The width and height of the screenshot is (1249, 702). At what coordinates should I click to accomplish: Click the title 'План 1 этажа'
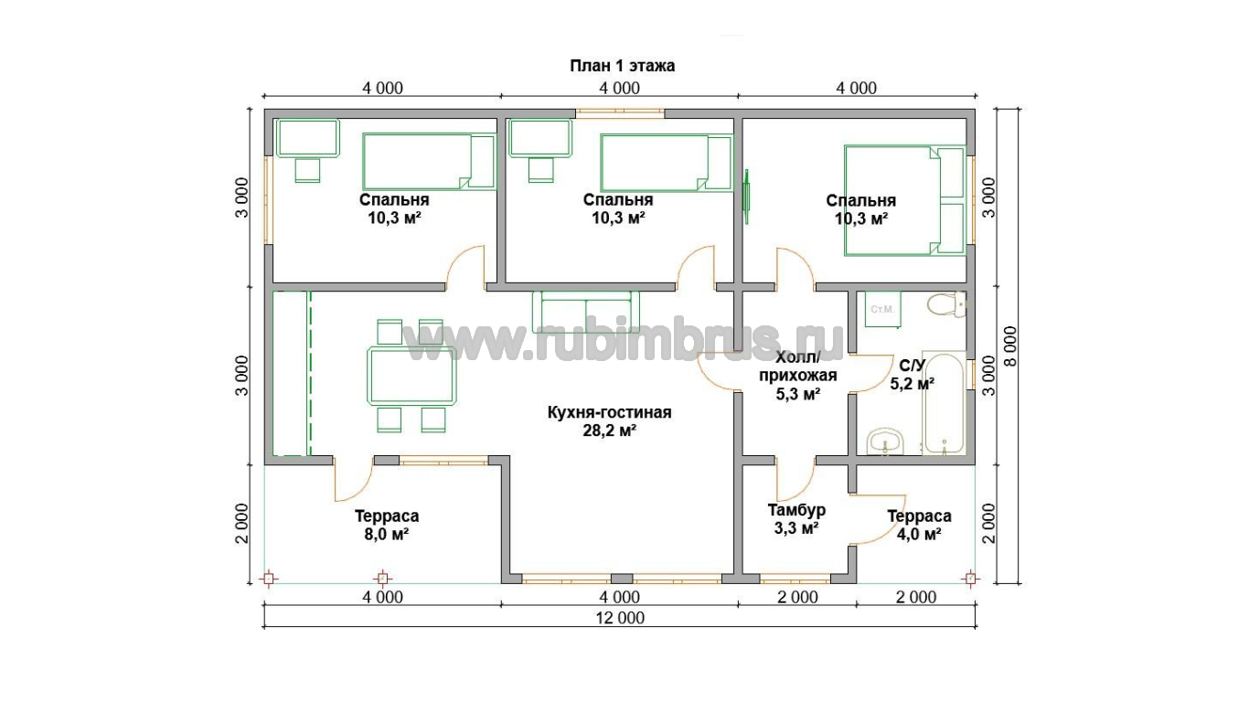[622, 66]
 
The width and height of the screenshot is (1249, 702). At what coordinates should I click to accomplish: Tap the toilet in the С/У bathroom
[946, 304]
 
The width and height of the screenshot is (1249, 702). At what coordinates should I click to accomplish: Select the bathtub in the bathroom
[944, 402]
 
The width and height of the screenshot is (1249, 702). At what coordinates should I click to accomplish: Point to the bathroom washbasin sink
[885, 441]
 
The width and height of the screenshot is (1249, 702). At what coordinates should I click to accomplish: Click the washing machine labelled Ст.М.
[882, 308]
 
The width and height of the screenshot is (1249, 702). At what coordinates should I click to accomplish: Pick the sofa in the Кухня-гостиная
[585, 313]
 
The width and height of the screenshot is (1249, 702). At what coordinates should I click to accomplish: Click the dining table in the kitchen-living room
[411, 375]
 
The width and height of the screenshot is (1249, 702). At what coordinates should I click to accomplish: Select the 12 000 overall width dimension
[620, 618]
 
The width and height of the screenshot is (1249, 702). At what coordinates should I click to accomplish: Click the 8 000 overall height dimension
[1009, 346]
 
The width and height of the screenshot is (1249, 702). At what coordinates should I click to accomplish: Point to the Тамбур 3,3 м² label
[796, 518]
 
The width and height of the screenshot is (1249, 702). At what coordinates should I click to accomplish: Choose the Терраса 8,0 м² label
[387, 525]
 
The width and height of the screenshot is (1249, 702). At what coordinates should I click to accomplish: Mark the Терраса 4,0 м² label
[919, 525]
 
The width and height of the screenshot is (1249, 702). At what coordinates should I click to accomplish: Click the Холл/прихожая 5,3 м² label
[798, 376]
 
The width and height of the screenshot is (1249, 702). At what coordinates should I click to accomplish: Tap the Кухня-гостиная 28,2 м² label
[610, 421]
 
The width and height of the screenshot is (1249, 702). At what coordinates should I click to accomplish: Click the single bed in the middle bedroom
[666, 163]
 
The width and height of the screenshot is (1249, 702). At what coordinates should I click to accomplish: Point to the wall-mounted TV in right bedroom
[747, 190]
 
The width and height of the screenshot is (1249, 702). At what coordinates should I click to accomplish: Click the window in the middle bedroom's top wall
[620, 113]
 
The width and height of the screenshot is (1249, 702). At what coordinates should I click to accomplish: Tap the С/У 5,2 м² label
[913, 374]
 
